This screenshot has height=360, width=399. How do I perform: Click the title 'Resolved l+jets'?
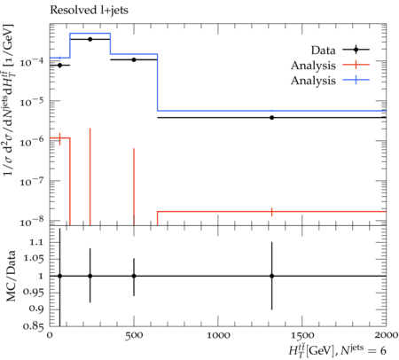89,11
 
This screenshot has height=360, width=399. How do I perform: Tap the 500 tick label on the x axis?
134,335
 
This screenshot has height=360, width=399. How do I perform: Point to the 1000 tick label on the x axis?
218,335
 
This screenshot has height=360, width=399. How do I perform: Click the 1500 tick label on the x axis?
302,335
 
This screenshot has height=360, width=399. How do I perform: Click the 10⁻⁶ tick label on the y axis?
32,141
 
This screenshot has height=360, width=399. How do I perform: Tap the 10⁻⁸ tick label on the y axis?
32,221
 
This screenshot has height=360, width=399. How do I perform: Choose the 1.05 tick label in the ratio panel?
33,259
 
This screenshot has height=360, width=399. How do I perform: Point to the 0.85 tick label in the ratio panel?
33,326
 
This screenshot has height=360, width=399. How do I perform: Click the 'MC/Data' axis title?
11,276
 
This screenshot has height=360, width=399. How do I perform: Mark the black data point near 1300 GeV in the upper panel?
271,118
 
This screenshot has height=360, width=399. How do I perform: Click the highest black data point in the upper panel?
90,39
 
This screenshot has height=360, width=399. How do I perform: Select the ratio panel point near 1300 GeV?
271,276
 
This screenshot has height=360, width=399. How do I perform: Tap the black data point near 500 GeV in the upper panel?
134,59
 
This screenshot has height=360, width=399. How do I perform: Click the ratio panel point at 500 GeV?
134,276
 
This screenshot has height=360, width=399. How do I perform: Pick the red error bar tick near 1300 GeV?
271,212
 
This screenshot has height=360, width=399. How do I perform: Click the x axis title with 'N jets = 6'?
337,350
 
